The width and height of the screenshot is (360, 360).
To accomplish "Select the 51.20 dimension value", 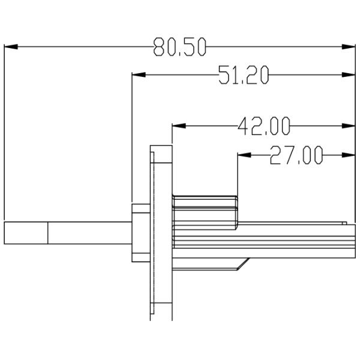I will coord(243,76).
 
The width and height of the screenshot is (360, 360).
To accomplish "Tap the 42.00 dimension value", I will coord(264,126).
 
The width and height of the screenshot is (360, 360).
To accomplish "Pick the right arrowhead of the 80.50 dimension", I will coord(348,46).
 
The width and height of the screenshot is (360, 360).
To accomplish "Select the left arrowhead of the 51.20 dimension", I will coord(139,76).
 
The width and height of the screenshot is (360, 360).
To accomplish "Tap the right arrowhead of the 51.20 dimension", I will coord(348,76).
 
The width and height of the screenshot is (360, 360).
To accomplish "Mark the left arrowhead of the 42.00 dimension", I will coord(179,126).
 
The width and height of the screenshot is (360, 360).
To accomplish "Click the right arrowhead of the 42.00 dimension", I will coord(348,126).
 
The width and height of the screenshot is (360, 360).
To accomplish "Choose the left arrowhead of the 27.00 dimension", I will coord(245,155).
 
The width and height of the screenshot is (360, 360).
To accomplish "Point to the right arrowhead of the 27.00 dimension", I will coord(348,155).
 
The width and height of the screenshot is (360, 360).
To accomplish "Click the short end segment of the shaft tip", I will coord(26,233).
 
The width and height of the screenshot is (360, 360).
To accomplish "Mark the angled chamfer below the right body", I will coord(242,263).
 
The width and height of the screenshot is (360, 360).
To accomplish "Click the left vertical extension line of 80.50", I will coord(4,132).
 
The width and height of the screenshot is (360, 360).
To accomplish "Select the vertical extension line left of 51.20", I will coord(131,138).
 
